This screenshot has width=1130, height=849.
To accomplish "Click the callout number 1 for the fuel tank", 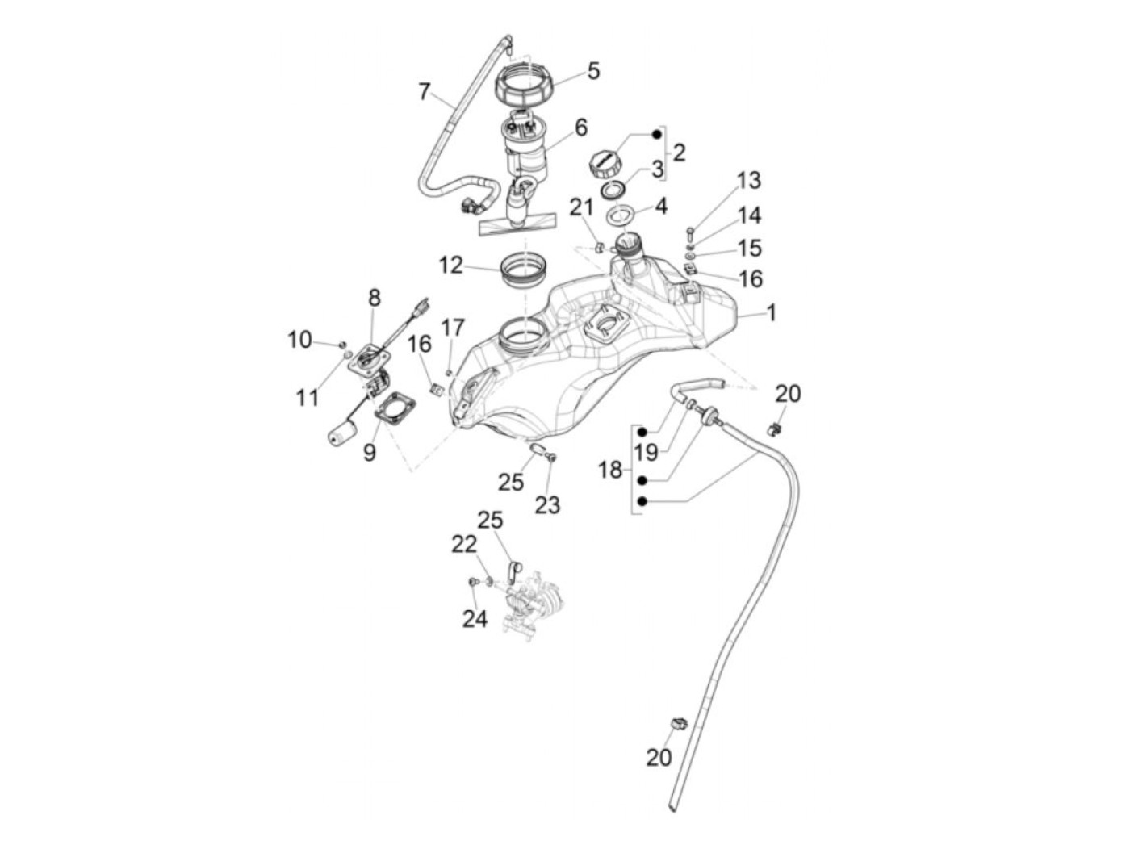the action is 771,312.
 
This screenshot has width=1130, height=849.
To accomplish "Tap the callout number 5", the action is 593,72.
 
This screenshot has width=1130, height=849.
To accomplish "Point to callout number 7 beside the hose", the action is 424,92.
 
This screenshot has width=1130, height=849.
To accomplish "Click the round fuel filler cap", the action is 605,163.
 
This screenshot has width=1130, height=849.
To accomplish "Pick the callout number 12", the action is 451,266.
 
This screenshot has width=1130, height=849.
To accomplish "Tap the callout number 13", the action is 748,181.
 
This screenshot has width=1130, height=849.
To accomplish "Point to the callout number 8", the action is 374,298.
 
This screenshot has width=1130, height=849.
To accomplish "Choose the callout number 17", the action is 453,328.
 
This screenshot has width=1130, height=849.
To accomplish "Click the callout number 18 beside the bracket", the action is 610,470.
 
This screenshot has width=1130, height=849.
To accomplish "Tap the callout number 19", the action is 646,452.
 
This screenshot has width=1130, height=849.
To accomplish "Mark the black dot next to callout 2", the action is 656,134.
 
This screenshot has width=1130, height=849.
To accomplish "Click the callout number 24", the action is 475,619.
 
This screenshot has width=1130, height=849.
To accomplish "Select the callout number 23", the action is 547,504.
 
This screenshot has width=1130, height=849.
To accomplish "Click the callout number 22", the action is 464,545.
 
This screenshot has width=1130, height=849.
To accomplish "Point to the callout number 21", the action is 581,208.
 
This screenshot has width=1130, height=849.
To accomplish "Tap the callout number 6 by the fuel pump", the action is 580,128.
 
